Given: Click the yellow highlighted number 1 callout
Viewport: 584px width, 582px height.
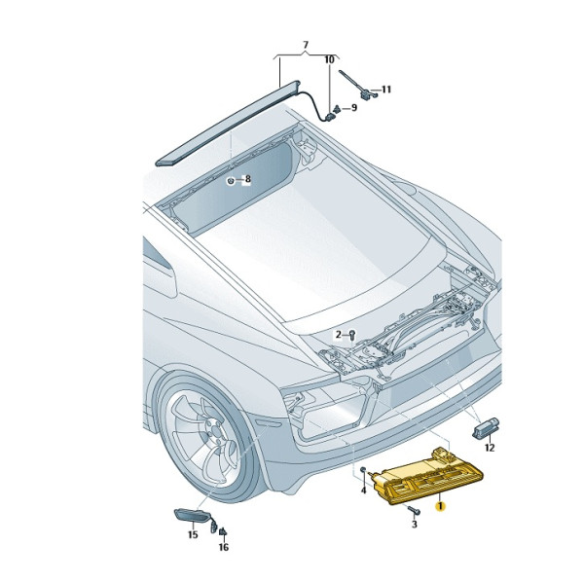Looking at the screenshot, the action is click(x=441, y=506).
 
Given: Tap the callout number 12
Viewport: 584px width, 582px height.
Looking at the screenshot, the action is click(x=489, y=448).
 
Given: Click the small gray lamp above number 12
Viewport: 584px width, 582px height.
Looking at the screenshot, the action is click(x=486, y=427).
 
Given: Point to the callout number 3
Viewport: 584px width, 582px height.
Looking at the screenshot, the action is click(x=415, y=524).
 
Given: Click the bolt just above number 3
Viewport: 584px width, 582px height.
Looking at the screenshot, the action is click(x=414, y=509).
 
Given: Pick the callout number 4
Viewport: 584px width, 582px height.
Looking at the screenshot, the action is click(x=363, y=491).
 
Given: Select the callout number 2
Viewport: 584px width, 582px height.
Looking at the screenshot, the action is click(x=338, y=335).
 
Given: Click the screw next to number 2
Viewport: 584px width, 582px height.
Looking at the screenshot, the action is click(x=351, y=335).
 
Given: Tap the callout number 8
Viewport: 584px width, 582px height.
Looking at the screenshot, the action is click(x=247, y=179).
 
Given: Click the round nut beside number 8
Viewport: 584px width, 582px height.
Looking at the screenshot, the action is click(x=232, y=181).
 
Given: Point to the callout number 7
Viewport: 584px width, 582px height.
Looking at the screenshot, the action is click(x=306, y=45).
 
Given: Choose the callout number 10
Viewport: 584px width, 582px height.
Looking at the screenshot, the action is click(x=329, y=59).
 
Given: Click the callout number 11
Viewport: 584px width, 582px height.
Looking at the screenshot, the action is click(x=386, y=90).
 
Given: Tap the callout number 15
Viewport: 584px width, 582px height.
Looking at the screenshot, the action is click(x=193, y=535).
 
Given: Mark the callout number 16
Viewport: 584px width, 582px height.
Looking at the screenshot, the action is click(x=224, y=547).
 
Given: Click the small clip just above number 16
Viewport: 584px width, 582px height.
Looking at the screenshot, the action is click(x=223, y=532).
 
